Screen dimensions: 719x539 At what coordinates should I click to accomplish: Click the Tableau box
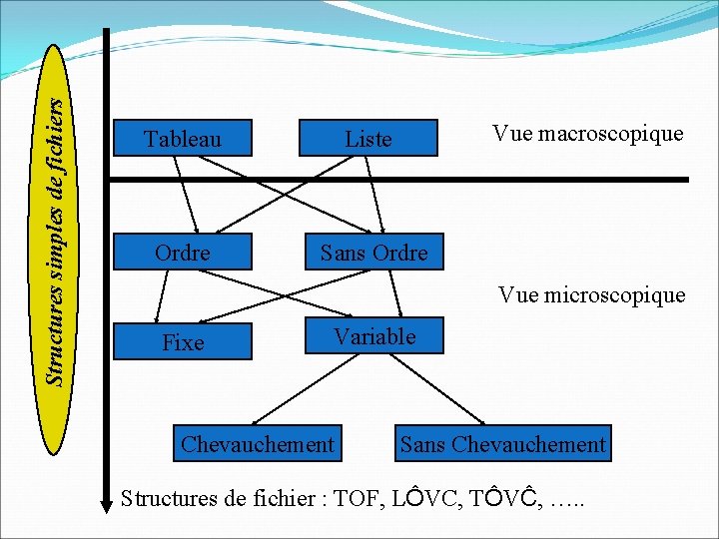[182, 139]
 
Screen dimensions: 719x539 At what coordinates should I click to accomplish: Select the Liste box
[368, 139]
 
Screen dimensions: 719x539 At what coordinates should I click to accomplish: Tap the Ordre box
[182, 254]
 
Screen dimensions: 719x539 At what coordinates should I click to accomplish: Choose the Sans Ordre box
[373, 254]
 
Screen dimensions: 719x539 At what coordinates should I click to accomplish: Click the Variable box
[374, 337]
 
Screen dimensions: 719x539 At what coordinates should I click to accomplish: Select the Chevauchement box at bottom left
[258, 444]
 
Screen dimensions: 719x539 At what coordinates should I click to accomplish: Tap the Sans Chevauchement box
[502, 444]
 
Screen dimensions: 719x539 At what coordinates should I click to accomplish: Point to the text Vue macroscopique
[587, 134]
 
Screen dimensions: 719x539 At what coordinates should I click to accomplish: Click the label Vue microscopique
[591, 294]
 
